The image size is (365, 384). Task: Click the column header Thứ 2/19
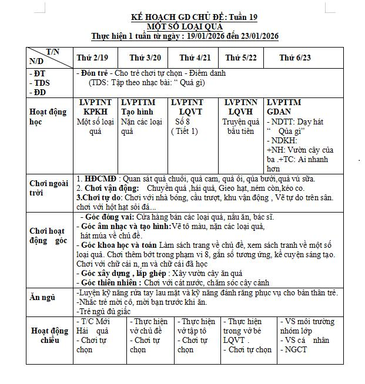click(x=92, y=58)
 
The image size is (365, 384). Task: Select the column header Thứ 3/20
click(x=145, y=58)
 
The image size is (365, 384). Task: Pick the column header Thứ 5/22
click(x=242, y=58)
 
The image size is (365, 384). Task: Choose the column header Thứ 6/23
click(x=295, y=58)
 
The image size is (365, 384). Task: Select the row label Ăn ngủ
click(x=42, y=297)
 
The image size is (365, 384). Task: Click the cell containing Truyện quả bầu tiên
click(x=241, y=126)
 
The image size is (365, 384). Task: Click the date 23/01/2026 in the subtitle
click(x=255, y=36)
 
